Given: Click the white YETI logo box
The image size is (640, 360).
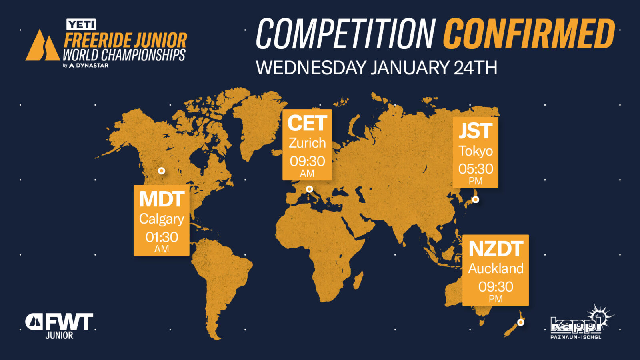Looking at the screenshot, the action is pos(81,24).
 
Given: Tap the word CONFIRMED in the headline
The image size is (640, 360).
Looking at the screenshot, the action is pos(529,34).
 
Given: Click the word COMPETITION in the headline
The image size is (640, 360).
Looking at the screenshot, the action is pos(346,34).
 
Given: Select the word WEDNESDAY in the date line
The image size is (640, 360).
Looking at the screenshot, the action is pos(311,68).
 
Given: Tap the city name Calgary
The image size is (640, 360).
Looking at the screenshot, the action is pos(162,220).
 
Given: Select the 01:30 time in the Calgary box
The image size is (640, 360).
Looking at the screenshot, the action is pos(162,237).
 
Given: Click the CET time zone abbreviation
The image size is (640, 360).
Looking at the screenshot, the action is pos(307,123).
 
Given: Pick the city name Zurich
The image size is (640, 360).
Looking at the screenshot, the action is pos(307,143).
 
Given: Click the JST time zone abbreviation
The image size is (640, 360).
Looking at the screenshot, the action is pos(476,131).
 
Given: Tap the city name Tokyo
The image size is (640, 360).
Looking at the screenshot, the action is pos(476,152).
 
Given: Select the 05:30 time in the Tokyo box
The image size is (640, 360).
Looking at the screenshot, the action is pos(476,169).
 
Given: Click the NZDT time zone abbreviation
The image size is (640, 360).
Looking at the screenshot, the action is pos(496,249).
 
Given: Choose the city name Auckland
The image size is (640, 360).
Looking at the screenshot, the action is pos(496,268).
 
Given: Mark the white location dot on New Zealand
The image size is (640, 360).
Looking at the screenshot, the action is pos(521,322).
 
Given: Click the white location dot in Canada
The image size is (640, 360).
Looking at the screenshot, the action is pos(162,171).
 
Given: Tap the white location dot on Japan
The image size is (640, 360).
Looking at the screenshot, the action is pos(476,200).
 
